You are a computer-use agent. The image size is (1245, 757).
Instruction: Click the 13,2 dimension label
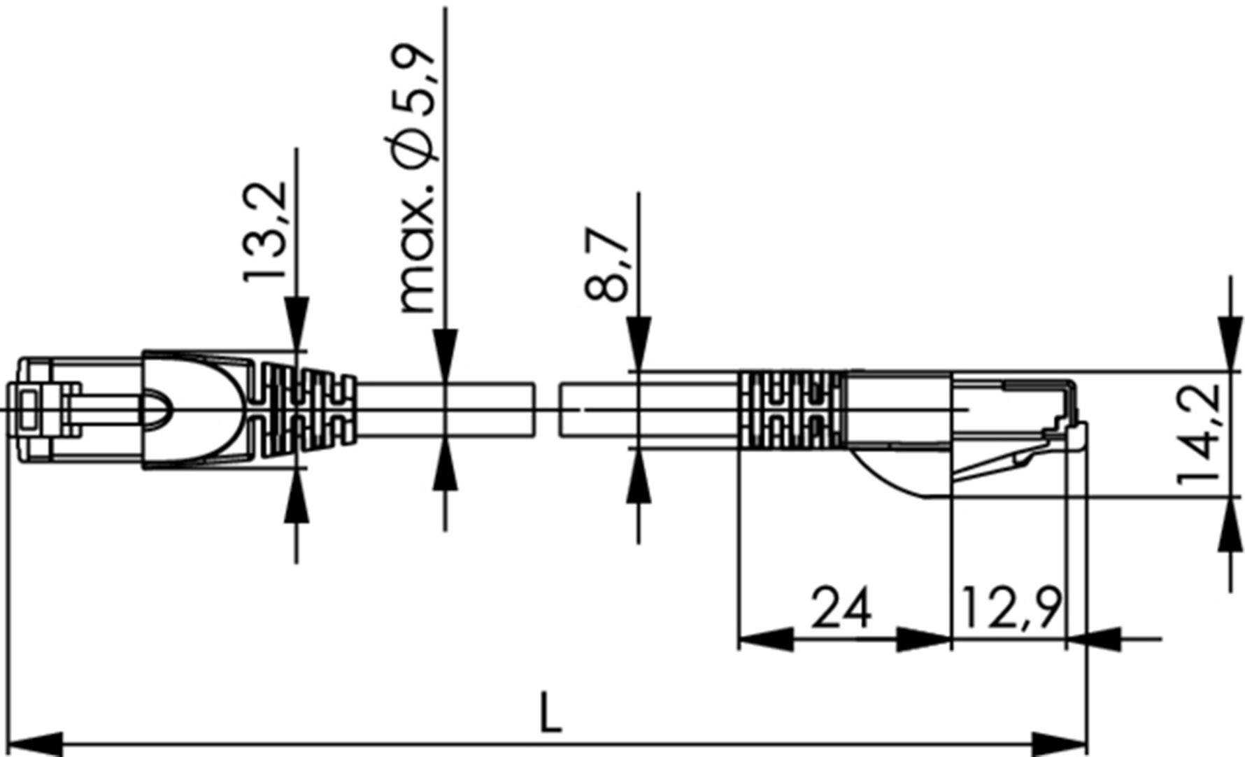point(266,232)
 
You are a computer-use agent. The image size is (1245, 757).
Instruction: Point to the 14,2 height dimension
point(1199,434)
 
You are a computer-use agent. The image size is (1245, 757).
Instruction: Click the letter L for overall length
point(552,712)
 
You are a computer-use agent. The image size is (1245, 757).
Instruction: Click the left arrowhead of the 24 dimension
point(766,638)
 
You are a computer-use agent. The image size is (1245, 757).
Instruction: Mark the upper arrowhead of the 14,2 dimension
point(1230,343)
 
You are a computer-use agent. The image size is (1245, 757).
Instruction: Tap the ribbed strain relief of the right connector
point(792,409)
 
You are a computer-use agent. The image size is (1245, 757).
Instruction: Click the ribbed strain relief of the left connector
point(308,409)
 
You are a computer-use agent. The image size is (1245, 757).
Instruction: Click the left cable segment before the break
point(448,409)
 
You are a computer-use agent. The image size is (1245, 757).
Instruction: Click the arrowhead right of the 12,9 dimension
point(1094,638)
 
